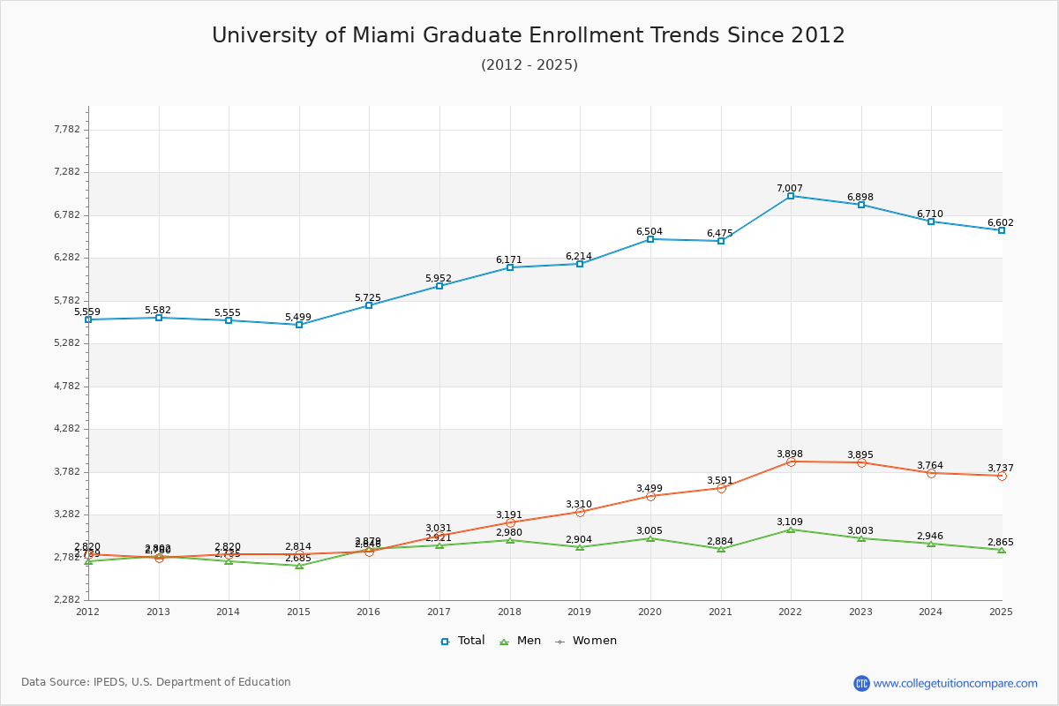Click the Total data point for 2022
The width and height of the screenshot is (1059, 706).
coord(791,196)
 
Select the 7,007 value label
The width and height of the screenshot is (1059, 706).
coord(790,188)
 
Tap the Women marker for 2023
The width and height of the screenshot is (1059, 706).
coord(861,462)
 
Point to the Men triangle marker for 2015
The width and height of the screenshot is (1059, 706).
coord(299,566)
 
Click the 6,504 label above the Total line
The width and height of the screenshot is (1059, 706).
coord(650,231)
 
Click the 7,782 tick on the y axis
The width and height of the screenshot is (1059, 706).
coord(67,129)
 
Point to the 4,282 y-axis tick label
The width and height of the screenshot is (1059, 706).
coord(67,429)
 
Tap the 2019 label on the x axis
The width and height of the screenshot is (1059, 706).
coord(579,612)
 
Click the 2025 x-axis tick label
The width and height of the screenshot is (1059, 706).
coord(1001,612)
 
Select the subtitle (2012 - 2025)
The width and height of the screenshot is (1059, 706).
coord(529,64)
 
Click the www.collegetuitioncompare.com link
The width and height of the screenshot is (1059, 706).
coord(955,683)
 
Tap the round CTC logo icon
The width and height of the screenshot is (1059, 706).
coord(861,683)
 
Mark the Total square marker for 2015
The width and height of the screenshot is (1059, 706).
coord(299,325)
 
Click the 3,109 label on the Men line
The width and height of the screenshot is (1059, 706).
coord(790,522)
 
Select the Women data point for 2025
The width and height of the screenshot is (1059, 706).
coord(1002,476)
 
